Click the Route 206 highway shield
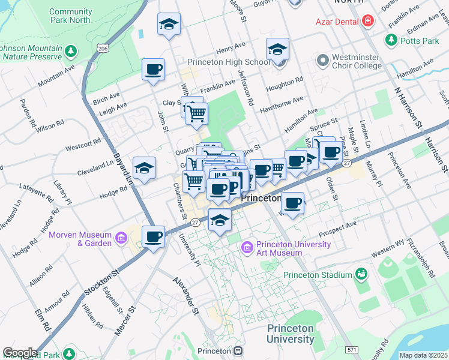point(103,49)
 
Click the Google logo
point(20,353)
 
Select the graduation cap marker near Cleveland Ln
point(144,169)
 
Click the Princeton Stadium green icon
point(361,275)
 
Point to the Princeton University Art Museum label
point(293,248)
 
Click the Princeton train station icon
point(238,351)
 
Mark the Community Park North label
point(70,16)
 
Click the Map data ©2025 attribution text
point(423,355)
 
